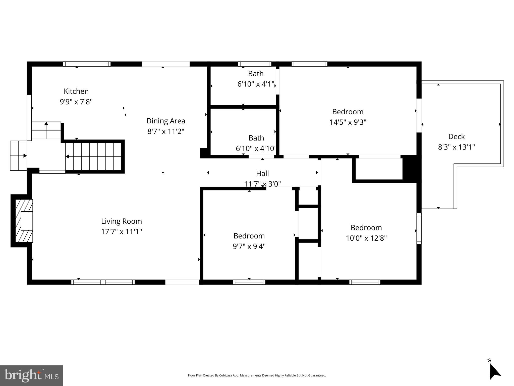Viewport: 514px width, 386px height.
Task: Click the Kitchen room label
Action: [x=76, y=91]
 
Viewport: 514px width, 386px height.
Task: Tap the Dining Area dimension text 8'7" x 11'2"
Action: [x=166, y=131]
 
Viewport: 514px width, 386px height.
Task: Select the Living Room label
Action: [x=122, y=221]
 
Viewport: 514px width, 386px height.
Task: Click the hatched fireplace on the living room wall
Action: [x=24, y=221]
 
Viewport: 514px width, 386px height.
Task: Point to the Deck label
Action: [x=456, y=136]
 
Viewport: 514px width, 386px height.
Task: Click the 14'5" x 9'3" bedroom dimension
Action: [x=348, y=122]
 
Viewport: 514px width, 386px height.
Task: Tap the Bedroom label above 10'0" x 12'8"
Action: [x=366, y=227]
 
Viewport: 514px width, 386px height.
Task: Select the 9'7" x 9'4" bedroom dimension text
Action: [x=249, y=247]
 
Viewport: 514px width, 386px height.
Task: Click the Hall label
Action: [x=262, y=173]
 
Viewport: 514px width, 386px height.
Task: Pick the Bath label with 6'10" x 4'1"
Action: [x=256, y=74]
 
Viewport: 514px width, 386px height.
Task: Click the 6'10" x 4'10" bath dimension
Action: [x=256, y=149]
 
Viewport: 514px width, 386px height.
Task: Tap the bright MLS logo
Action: [x=31, y=375]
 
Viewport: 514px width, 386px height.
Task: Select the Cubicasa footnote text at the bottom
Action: [x=257, y=375]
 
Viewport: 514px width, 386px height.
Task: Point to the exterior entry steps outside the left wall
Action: [x=18, y=156]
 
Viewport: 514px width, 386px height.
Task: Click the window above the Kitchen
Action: [x=87, y=64]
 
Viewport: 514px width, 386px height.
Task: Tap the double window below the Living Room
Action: [x=103, y=282]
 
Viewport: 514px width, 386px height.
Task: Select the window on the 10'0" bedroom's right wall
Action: [x=419, y=228]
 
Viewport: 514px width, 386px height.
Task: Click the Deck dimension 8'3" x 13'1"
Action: [x=456, y=147]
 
